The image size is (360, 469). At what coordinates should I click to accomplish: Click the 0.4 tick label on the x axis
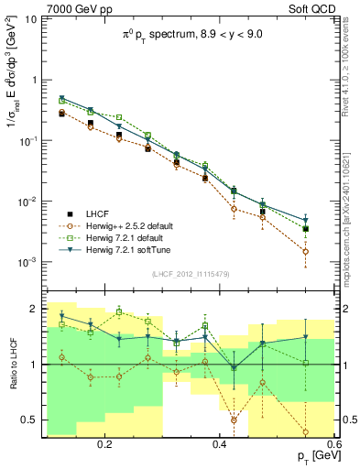[219, 442]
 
